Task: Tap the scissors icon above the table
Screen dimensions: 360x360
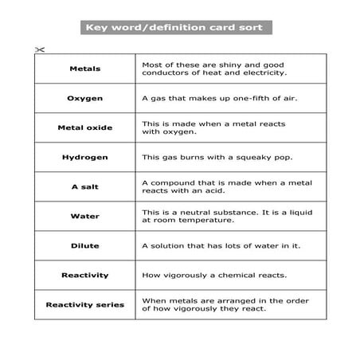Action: click(40, 49)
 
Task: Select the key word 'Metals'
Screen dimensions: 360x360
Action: click(85, 68)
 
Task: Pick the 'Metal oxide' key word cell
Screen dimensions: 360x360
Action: click(85, 127)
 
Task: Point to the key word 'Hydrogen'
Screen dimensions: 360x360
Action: click(85, 157)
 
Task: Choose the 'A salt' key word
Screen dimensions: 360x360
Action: click(85, 186)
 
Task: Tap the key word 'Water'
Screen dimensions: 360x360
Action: click(85, 216)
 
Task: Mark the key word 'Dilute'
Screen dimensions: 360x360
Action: click(85, 245)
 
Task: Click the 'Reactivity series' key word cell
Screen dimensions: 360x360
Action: click(85, 304)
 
